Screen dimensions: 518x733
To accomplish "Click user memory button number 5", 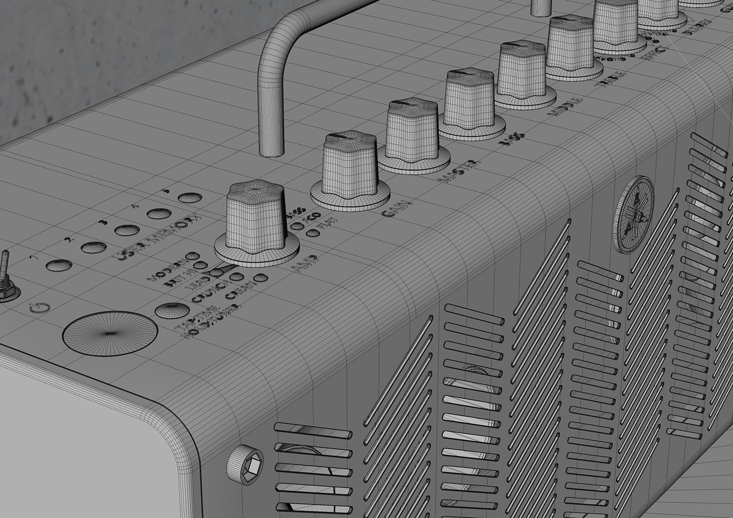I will click(x=190, y=198).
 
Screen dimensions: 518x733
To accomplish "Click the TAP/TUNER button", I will click(x=169, y=310).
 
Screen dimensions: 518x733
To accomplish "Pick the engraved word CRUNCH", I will click(x=209, y=290).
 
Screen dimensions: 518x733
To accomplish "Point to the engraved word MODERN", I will click(x=168, y=269).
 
